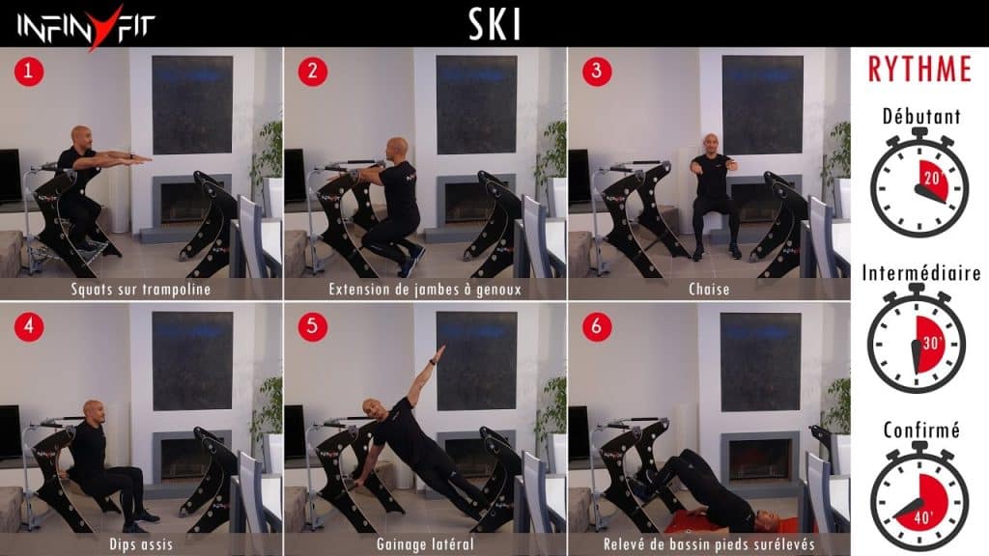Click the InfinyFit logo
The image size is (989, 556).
click(x=86, y=27)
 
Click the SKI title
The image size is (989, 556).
click(x=494, y=24)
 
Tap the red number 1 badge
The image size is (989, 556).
click(x=29, y=71)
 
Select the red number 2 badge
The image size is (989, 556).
click(x=313, y=71)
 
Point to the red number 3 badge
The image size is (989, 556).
click(x=597, y=71)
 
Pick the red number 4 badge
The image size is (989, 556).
click(x=29, y=327)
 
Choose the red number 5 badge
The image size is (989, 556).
click(x=313, y=327)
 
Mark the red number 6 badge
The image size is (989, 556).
click(x=597, y=327)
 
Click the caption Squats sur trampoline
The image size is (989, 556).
click(x=141, y=290)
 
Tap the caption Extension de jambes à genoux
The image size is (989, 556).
click(x=425, y=290)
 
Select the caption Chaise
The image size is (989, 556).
click(x=709, y=290)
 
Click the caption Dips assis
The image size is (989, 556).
click(x=141, y=544)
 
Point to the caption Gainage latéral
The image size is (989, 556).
click(x=425, y=544)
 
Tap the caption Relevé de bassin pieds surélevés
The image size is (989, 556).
click(x=709, y=544)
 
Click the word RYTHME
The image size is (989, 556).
click(x=919, y=69)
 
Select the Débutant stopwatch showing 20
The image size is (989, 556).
click(x=919, y=182)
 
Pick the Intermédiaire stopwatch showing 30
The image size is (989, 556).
click(x=917, y=339)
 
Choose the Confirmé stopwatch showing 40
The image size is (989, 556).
click(x=919, y=496)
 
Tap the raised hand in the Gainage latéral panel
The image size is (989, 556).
click(x=440, y=350)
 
